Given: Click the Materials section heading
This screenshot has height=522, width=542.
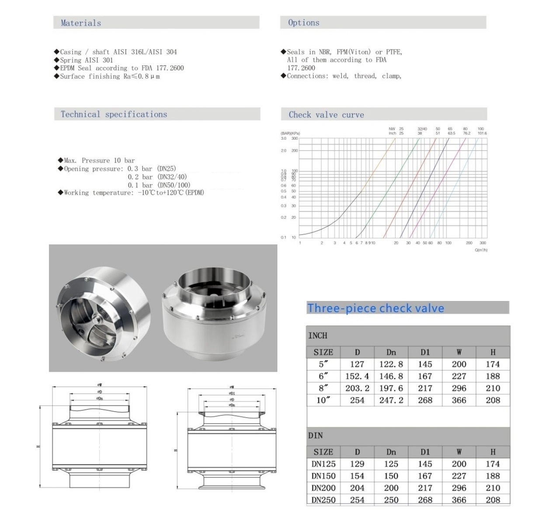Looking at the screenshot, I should (81, 23).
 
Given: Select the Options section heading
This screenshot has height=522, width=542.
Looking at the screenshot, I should (303, 23).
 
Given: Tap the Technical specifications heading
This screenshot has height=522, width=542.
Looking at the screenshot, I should (114, 114).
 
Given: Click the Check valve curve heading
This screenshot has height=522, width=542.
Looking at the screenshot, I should (326, 115).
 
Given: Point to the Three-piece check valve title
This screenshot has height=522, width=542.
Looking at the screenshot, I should (375, 308).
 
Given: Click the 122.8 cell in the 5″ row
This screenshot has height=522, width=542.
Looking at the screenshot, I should (391, 364).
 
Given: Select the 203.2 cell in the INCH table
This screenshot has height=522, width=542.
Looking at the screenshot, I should (357, 388).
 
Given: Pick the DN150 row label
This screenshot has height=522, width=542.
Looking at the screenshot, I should (323, 476).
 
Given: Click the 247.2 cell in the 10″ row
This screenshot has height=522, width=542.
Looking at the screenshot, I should (391, 400).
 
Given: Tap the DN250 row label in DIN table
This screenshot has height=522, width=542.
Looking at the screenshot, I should (323, 500).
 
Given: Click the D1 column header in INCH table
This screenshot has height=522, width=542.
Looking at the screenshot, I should (425, 352).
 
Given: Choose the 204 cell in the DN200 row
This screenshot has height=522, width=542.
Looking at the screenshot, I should (357, 488).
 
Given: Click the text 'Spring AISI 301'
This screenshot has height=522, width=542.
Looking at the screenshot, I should (86, 60).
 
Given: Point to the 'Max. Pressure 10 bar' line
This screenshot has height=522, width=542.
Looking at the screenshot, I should (99, 160).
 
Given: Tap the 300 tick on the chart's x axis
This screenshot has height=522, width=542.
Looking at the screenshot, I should (483, 243).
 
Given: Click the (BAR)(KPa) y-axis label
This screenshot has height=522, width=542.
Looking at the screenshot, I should (290, 133).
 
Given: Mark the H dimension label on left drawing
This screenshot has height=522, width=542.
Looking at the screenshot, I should (38, 446).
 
